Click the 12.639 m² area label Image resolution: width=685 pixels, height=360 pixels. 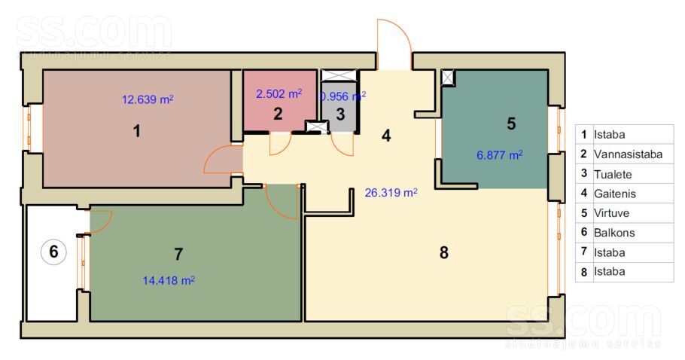coord(148,99)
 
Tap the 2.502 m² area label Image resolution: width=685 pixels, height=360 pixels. coord(279,93)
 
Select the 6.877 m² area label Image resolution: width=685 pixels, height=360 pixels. coord(499,155)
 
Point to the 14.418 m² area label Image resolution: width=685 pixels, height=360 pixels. coord(169,280)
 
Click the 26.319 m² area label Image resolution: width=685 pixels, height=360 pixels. coord(391,192)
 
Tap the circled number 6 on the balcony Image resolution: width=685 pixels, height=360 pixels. coord(53,252)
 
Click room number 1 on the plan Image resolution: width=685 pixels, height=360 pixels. coord(137,130)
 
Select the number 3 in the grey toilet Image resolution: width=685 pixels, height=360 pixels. coord(340,114)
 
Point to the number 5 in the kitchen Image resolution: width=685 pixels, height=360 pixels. coord(512,124)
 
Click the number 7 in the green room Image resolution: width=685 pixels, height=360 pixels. coord(178,254)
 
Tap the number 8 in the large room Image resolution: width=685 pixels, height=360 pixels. coord(444,252)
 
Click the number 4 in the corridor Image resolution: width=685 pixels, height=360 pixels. coord(386,136)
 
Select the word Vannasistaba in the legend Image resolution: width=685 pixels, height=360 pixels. coord(628,154)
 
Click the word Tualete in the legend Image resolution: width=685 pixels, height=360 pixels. coord(613,174)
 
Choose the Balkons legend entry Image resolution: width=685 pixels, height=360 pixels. coord(614,233)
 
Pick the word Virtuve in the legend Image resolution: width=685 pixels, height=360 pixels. coord(611,213)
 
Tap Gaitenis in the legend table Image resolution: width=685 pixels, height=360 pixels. coord(615,194)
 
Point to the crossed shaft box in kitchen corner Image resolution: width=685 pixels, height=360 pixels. coord(448,78)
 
